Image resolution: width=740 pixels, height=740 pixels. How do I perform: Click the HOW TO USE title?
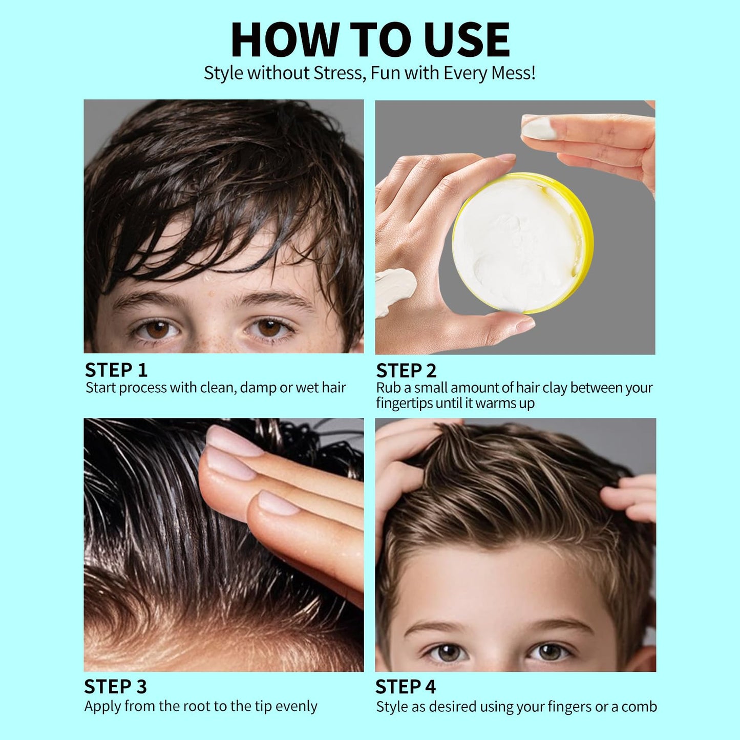[x=370, y=39]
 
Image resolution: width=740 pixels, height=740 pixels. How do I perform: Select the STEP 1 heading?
[x=116, y=370]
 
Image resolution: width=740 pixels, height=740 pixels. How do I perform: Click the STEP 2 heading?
[x=406, y=370]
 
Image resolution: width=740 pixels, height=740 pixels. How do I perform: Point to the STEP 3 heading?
[x=115, y=686]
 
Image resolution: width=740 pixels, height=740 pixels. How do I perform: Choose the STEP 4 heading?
[x=405, y=686]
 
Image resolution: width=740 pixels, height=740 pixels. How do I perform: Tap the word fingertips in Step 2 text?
[x=404, y=404]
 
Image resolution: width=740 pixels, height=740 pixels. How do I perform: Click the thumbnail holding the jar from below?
[x=522, y=324]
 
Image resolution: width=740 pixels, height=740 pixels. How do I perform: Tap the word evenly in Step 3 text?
[x=296, y=706]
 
